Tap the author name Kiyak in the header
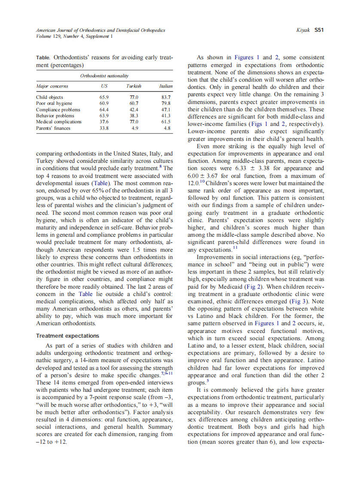pyautogui.click(x=303, y=31)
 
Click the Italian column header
pyautogui.click(x=165, y=86)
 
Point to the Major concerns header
pyautogui.click(x=52, y=86)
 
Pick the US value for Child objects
pyautogui.click(x=104, y=98)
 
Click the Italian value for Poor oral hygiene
pyautogui.click(x=165, y=104)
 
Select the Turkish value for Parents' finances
pyautogui.click(x=134, y=128)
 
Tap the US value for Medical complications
pyautogui.click(x=104, y=122)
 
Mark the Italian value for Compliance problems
pyautogui.click(x=165, y=110)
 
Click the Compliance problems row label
pyautogui.click(x=55, y=110)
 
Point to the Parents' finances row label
pyautogui.click(x=53, y=128)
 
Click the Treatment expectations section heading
pyautogui.click(x=67, y=336)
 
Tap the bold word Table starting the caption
pyautogui.click(x=43, y=57)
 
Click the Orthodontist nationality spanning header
pyautogui.click(x=104, y=76)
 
